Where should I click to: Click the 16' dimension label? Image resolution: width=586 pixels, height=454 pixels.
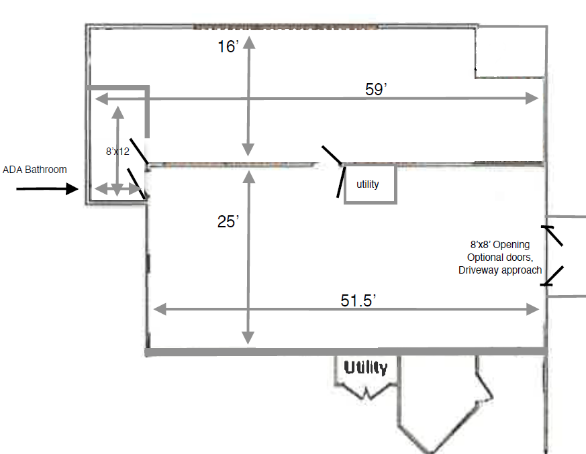point(228,47)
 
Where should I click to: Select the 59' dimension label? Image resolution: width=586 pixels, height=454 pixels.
point(376,89)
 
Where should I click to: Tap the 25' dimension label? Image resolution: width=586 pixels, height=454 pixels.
point(228,221)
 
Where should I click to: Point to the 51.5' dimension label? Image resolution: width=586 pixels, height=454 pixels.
point(358,300)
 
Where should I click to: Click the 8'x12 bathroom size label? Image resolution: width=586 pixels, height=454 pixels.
point(117,151)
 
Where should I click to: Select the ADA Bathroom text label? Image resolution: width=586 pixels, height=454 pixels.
point(35,170)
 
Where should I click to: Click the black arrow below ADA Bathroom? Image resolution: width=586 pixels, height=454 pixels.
point(47,188)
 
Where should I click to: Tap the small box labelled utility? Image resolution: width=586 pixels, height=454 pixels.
point(370,184)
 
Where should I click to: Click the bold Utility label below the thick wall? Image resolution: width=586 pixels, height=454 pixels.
point(366,367)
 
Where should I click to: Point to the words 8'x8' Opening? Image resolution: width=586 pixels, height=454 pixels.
point(500,245)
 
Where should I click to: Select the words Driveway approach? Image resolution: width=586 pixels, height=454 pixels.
point(500,270)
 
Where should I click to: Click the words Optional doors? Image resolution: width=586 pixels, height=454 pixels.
point(500,258)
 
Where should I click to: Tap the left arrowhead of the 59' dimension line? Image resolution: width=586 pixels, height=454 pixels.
point(101,99)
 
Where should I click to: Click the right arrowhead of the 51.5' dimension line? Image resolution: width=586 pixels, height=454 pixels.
point(532,309)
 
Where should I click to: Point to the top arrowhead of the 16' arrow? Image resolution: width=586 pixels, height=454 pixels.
point(249,43)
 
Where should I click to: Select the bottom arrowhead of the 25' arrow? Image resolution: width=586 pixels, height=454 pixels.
point(248,338)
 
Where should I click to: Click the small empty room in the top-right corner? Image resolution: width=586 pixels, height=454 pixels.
point(511,52)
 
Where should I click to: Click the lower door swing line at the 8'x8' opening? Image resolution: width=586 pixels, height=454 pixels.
point(553,276)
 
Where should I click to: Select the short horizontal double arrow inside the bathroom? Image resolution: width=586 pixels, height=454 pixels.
point(117,189)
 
